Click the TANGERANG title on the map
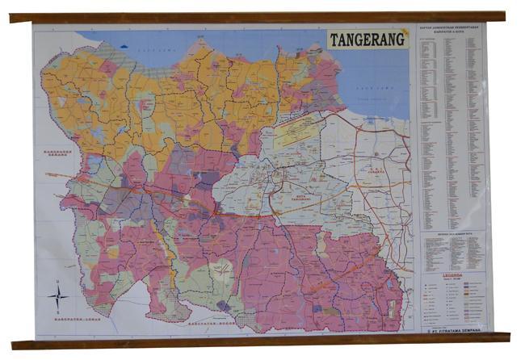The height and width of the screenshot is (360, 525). point(367,40)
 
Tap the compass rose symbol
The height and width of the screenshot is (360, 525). point(57,296)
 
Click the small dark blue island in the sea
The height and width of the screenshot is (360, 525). point(124,46)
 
